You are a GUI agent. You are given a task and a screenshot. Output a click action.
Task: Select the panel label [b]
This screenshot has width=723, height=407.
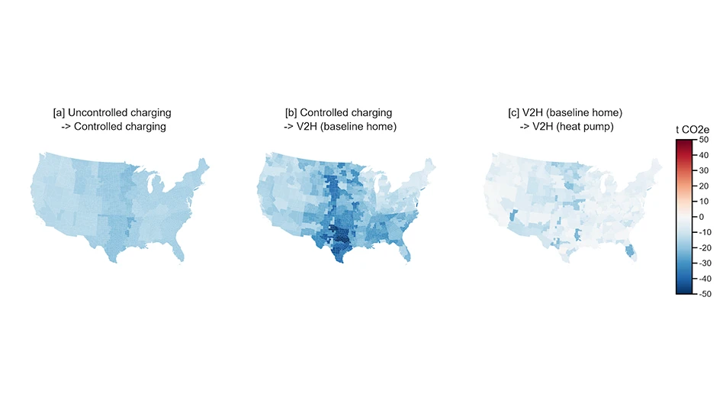(x=283, y=112)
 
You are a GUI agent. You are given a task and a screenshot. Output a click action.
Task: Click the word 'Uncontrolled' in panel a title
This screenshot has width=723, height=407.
(x=98, y=112)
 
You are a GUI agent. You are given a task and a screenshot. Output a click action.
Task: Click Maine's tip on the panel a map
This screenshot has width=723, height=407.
(x=204, y=163)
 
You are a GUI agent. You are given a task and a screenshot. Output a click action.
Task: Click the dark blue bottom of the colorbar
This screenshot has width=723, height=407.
(x=683, y=290)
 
